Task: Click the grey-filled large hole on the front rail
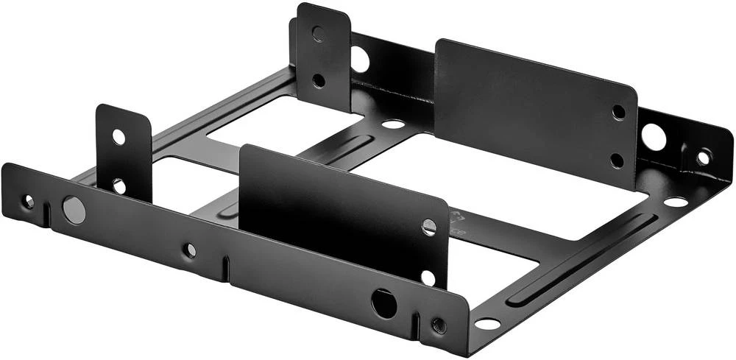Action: tap(74, 210)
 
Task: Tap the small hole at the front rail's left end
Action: tap(28, 200)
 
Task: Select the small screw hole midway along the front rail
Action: tap(190, 250)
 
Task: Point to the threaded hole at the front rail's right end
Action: tap(439, 325)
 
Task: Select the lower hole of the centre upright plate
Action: tap(428, 278)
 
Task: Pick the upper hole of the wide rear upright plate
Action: tap(619, 112)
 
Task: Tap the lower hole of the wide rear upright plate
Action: tap(618, 160)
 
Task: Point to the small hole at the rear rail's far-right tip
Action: tap(704, 157)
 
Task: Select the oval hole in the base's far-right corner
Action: tap(676, 201)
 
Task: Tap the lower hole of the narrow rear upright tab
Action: tap(318, 79)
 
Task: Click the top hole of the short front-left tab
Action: tap(118, 136)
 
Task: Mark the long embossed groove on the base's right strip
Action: tap(581, 258)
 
